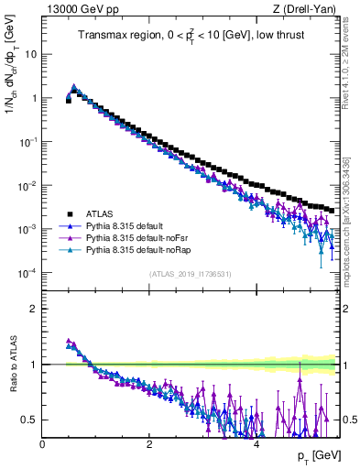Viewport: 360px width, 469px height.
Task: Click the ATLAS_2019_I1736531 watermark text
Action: coord(191,274)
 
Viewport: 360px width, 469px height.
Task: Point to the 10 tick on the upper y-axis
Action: coord(30,53)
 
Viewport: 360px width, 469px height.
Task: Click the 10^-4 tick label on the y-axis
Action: coord(27,273)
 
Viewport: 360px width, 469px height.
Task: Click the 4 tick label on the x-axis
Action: coord(256,443)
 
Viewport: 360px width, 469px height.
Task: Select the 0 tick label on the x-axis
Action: coord(42,443)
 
